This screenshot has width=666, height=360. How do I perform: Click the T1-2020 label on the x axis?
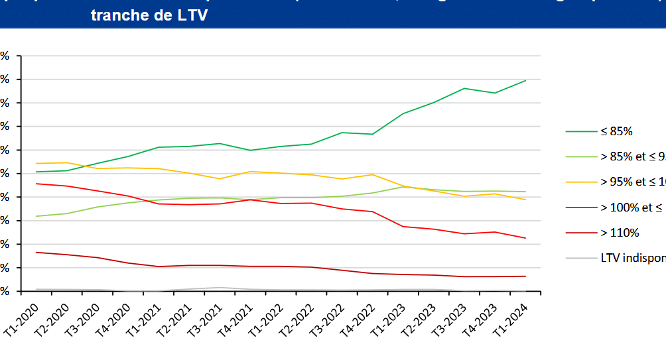pos(21,311)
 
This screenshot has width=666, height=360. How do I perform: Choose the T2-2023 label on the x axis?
pos(432,311)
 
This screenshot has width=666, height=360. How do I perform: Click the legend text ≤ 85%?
pos(616,131)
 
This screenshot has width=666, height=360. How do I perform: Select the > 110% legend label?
pos(620,233)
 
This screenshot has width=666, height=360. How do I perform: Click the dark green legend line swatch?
pos(582,131)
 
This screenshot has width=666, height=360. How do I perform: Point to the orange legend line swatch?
pos(582,182)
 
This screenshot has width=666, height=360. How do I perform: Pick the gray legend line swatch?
pos(582,258)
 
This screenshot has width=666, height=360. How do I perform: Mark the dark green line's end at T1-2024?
pos(526,80)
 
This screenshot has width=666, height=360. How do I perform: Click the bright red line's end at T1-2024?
pos(526,238)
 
